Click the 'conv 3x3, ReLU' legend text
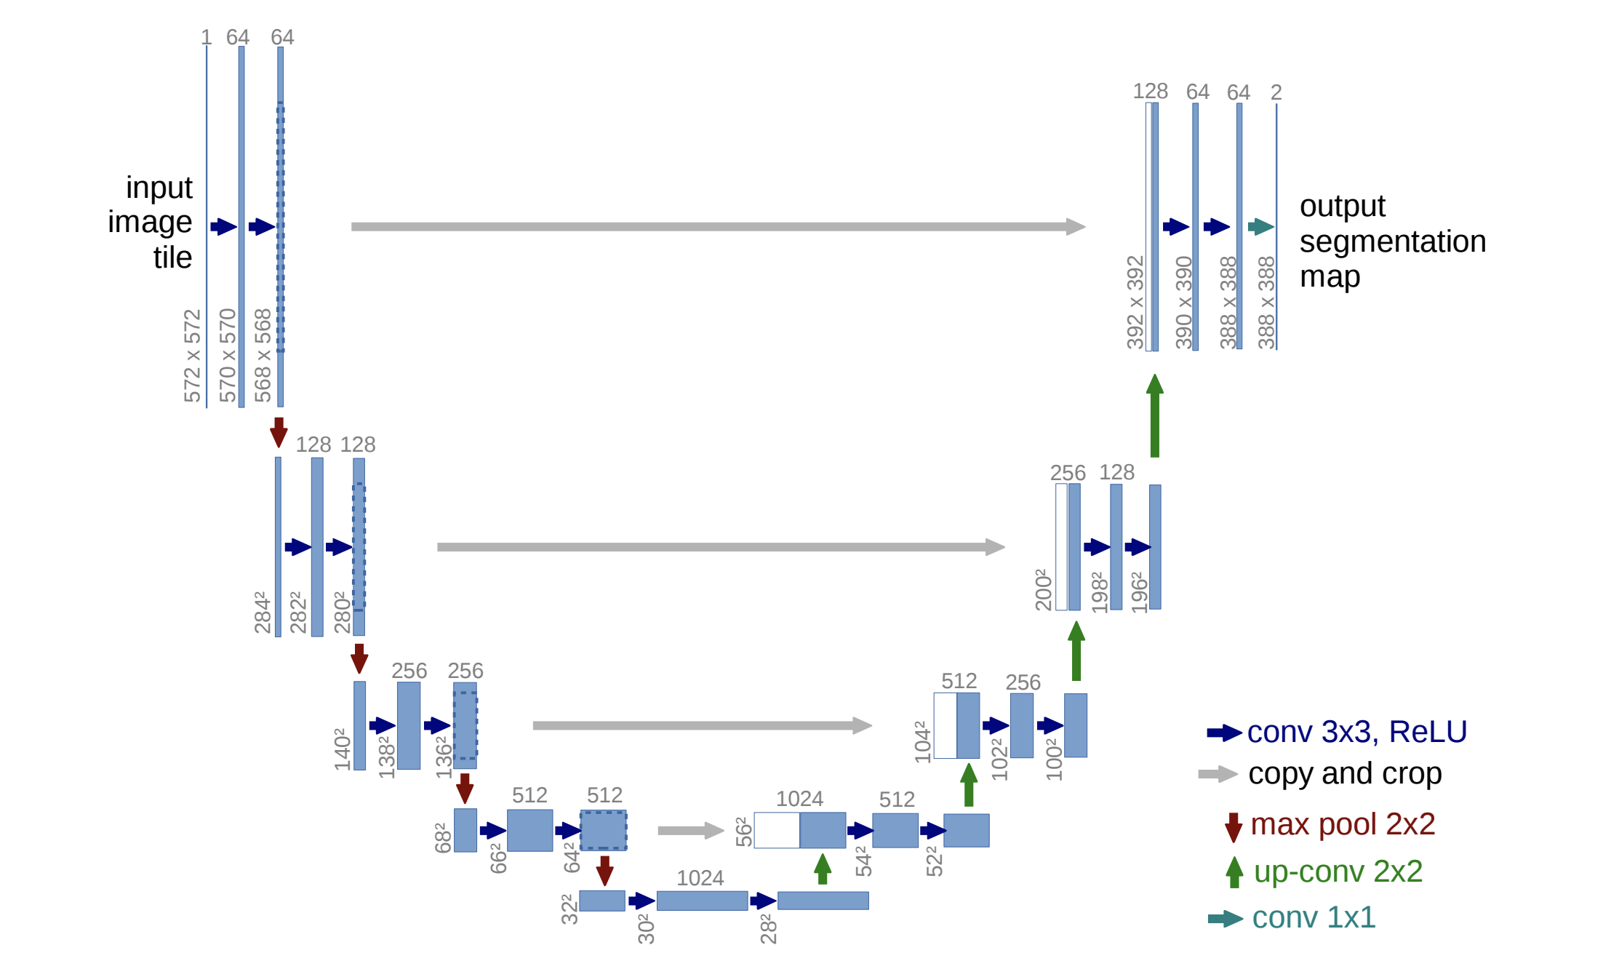pos(1356,732)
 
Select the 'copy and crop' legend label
pos(1345,774)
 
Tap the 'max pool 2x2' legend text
pos(1343,824)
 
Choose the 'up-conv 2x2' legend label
pos(1338,872)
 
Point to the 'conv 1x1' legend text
pos(1314,918)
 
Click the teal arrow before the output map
pos(1261,227)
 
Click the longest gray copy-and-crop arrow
pos(719,227)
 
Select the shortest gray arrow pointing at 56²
pos(691,830)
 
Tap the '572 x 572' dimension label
pos(192,356)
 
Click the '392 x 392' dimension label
pos(1135,303)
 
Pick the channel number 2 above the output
pos(1276,92)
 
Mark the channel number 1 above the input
pos(207,37)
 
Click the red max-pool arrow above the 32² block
pos(604,871)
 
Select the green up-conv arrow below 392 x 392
pos(1155,415)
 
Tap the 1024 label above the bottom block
pos(700,878)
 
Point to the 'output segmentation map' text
pos(1392,242)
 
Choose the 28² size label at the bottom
pos(769,929)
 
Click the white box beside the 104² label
pos(945,725)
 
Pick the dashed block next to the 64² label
pos(603,830)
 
